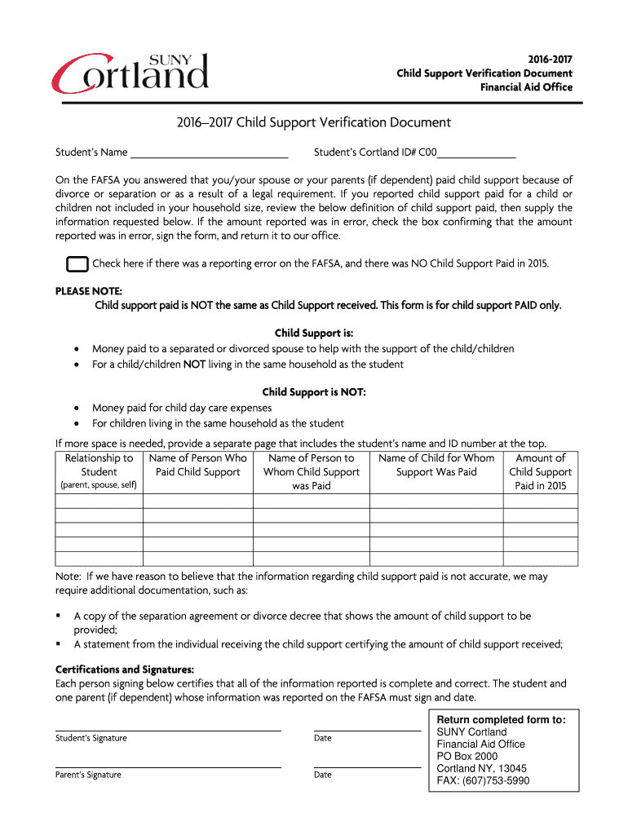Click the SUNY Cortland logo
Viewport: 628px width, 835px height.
(x=130, y=72)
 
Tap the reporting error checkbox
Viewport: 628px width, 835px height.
(x=77, y=264)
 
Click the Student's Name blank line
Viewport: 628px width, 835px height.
(x=209, y=155)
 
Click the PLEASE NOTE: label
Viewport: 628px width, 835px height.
(x=88, y=291)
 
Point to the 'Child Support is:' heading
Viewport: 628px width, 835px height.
(x=314, y=333)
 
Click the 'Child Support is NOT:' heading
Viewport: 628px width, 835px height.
(x=314, y=392)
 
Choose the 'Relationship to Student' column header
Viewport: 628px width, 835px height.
(x=99, y=471)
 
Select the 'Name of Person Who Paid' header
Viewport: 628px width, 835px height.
(x=197, y=465)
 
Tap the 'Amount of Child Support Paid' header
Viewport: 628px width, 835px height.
(x=540, y=471)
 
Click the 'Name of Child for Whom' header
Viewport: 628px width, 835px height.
(x=436, y=465)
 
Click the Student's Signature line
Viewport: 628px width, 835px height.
(x=168, y=730)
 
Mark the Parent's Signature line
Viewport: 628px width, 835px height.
(x=168, y=767)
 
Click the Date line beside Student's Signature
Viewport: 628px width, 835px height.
(x=367, y=730)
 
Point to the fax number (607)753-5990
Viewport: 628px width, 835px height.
(x=483, y=780)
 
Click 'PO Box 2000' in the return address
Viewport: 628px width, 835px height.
(x=467, y=756)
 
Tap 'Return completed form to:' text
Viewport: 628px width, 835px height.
(x=501, y=719)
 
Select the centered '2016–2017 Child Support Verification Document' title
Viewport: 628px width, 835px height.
(x=314, y=123)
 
